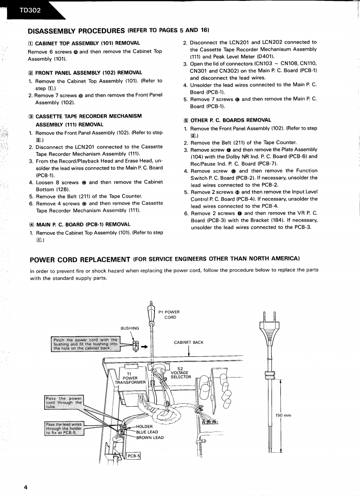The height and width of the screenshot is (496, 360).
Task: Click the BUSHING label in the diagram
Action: pyautogui.click(x=130, y=328)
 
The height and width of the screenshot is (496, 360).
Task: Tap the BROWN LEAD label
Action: pyautogui.click(x=150, y=438)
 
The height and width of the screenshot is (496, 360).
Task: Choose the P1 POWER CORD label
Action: pyautogui.click(x=169, y=314)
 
